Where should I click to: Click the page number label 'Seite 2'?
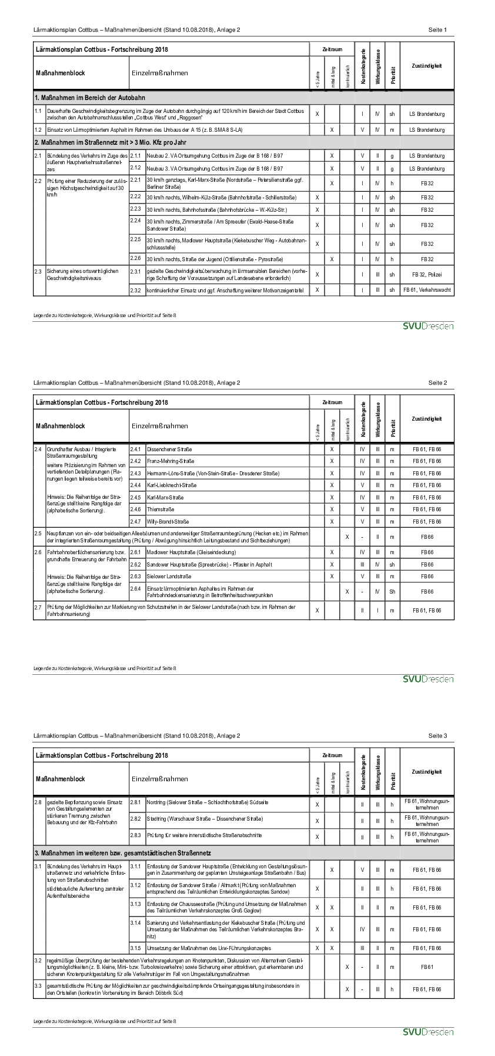tap(437, 383)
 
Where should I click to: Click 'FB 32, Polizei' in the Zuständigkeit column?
tap(427, 274)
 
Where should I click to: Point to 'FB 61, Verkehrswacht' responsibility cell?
tap(427, 290)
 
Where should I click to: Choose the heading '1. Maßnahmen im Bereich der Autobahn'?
tap(90, 98)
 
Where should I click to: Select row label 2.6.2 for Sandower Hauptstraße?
tap(135, 564)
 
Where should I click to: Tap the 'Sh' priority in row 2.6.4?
tap(392, 592)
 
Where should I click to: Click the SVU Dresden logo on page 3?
tap(428, 1032)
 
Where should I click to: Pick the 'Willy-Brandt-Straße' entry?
tap(168, 522)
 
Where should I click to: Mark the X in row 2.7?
tap(317, 611)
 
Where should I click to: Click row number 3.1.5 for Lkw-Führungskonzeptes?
tap(135, 948)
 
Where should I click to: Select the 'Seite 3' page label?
tap(437, 736)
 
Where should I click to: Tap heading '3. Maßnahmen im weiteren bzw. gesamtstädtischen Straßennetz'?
tap(123, 853)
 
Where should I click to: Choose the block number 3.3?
tap(38, 985)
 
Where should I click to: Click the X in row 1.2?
tap(332, 130)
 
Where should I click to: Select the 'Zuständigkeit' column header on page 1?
tap(427, 66)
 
